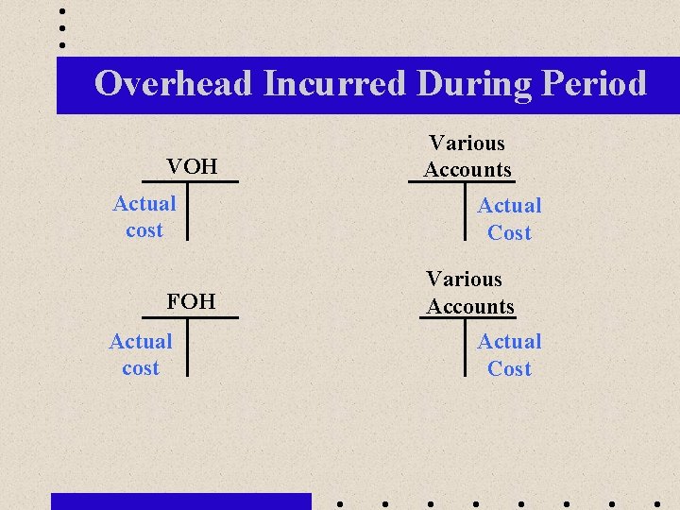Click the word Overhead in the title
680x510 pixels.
pos(174,84)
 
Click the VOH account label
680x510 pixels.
pos(192,167)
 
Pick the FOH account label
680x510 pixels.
pos(191,302)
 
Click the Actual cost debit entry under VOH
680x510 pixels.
pos(144,216)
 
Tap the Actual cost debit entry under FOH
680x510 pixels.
pos(141,354)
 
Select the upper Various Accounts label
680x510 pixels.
pos(467,157)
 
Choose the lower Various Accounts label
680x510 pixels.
pos(469,293)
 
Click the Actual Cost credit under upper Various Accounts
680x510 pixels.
pos(509,219)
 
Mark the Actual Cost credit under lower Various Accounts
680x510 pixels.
pos(509,355)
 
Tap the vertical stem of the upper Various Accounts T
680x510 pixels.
pos(467,211)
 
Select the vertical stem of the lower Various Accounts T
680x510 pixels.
pos(467,347)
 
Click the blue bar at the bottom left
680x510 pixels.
pos(180,501)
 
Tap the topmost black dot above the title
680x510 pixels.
pos(62,11)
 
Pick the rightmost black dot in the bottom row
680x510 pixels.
pos(656,501)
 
